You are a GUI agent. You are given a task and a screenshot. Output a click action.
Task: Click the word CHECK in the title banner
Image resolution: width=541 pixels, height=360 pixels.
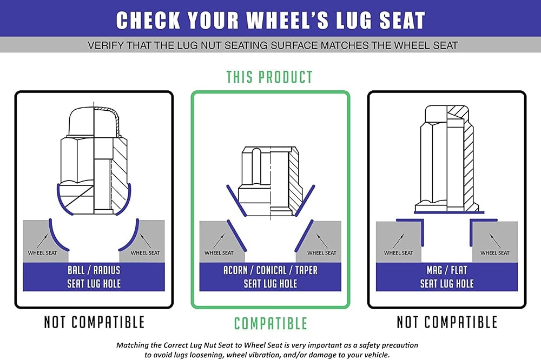[148, 21]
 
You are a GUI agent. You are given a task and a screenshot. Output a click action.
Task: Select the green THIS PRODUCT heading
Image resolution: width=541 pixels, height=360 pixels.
[269, 77]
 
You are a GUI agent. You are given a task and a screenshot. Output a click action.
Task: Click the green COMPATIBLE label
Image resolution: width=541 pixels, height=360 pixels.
[270, 324]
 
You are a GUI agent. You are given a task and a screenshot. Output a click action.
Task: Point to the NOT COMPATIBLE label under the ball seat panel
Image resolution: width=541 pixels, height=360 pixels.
[94, 322]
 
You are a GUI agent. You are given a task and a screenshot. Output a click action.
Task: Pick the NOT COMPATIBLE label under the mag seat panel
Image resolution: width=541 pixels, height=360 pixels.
[447, 322]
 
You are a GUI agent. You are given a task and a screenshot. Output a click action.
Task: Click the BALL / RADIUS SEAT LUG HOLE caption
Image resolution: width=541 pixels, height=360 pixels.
[94, 277]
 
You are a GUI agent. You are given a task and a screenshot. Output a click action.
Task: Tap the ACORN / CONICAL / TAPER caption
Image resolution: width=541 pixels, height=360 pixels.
[270, 270]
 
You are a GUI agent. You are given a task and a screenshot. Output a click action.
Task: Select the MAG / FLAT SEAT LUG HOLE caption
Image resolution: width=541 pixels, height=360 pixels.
[447, 277]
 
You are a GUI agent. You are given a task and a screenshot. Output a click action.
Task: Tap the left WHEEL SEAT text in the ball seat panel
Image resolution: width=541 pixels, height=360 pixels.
[42, 253]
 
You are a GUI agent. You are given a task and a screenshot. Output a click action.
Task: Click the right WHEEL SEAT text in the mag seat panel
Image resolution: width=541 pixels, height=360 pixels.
[495, 253]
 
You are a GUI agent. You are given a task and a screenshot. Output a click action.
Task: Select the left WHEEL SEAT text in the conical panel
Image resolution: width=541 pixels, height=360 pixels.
[219, 253]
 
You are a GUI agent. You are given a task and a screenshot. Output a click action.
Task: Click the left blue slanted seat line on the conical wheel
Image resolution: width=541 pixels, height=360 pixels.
[236, 236]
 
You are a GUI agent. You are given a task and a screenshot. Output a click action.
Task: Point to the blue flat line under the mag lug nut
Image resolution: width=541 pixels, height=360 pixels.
[449, 213]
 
